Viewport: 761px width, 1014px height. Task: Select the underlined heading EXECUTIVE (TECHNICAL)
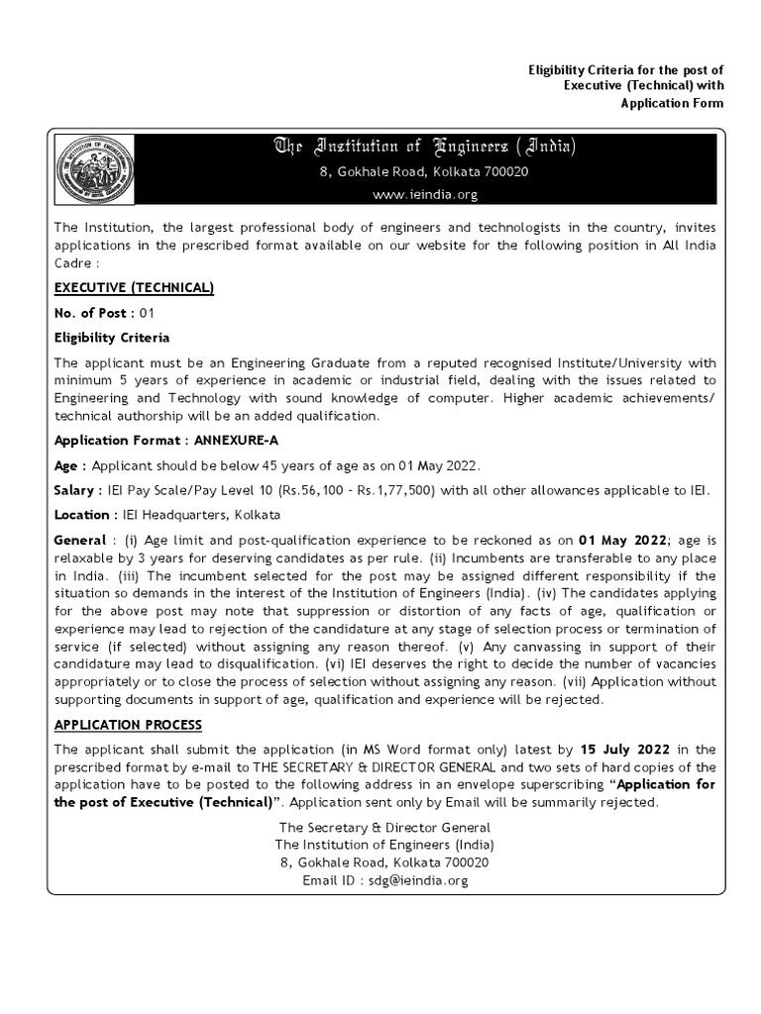coord(134,287)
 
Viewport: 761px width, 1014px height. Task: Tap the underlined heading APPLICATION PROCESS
coord(128,725)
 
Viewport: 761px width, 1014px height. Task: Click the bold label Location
coord(82,515)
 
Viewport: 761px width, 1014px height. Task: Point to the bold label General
coord(80,540)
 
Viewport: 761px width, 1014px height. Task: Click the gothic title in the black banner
coord(423,149)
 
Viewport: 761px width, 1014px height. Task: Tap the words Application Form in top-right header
coord(672,103)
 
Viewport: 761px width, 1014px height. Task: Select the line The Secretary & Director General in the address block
coord(384,827)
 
